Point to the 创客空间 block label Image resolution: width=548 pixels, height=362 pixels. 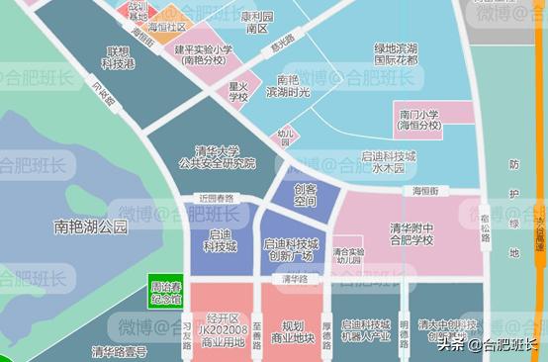(x=305, y=195)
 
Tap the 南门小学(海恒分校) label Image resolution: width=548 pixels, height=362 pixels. (x=418, y=120)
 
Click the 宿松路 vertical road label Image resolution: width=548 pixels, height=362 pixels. (x=486, y=227)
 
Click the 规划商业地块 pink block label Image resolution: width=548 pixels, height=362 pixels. (x=291, y=331)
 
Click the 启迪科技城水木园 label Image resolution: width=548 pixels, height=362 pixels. (x=388, y=163)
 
